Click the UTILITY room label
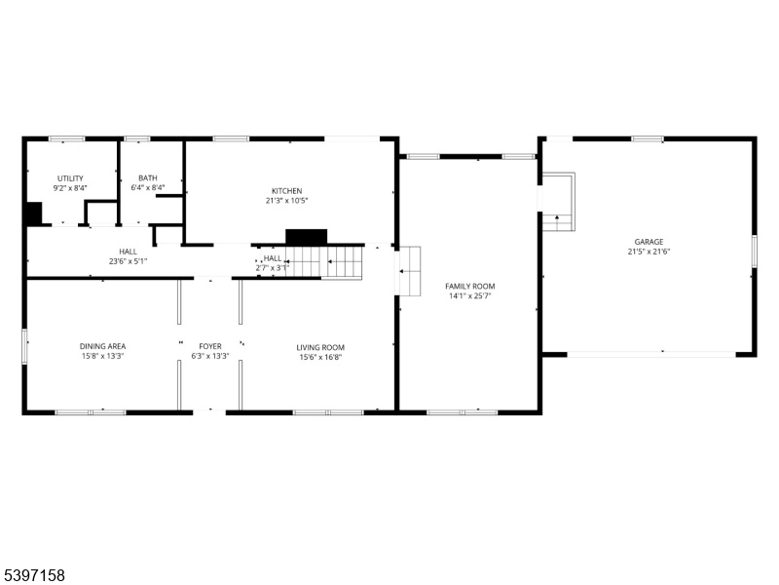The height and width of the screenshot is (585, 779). (x=70, y=178)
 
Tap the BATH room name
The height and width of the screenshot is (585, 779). (x=148, y=178)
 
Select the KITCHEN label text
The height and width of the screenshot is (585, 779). (x=286, y=191)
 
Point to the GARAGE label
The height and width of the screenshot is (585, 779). (x=649, y=242)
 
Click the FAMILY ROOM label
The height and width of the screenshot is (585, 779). (x=470, y=286)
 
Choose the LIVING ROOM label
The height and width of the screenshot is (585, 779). (x=320, y=348)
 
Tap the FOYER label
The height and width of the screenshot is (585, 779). (x=210, y=346)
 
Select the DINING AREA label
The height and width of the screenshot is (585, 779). (x=103, y=346)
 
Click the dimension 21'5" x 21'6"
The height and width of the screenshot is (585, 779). (x=649, y=252)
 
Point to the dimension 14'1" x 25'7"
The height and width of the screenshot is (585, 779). (x=470, y=296)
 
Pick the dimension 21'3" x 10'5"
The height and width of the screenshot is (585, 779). (x=286, y=201)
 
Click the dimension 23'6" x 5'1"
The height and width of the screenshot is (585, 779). (x=129, y=261)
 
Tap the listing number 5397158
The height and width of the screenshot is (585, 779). (x=33, y=575)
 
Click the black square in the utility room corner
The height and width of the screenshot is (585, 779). (x=34, y=214)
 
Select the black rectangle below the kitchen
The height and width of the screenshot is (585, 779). (x=306, y=237)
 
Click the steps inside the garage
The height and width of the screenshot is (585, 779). (x=558, y=202)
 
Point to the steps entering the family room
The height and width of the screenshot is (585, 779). (x=410, y=271)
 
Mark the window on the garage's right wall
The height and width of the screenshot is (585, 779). (x=754, y=252)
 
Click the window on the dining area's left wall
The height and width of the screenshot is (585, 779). (x=24, y=346)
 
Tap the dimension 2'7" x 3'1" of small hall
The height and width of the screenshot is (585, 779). (x=272, y=268)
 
